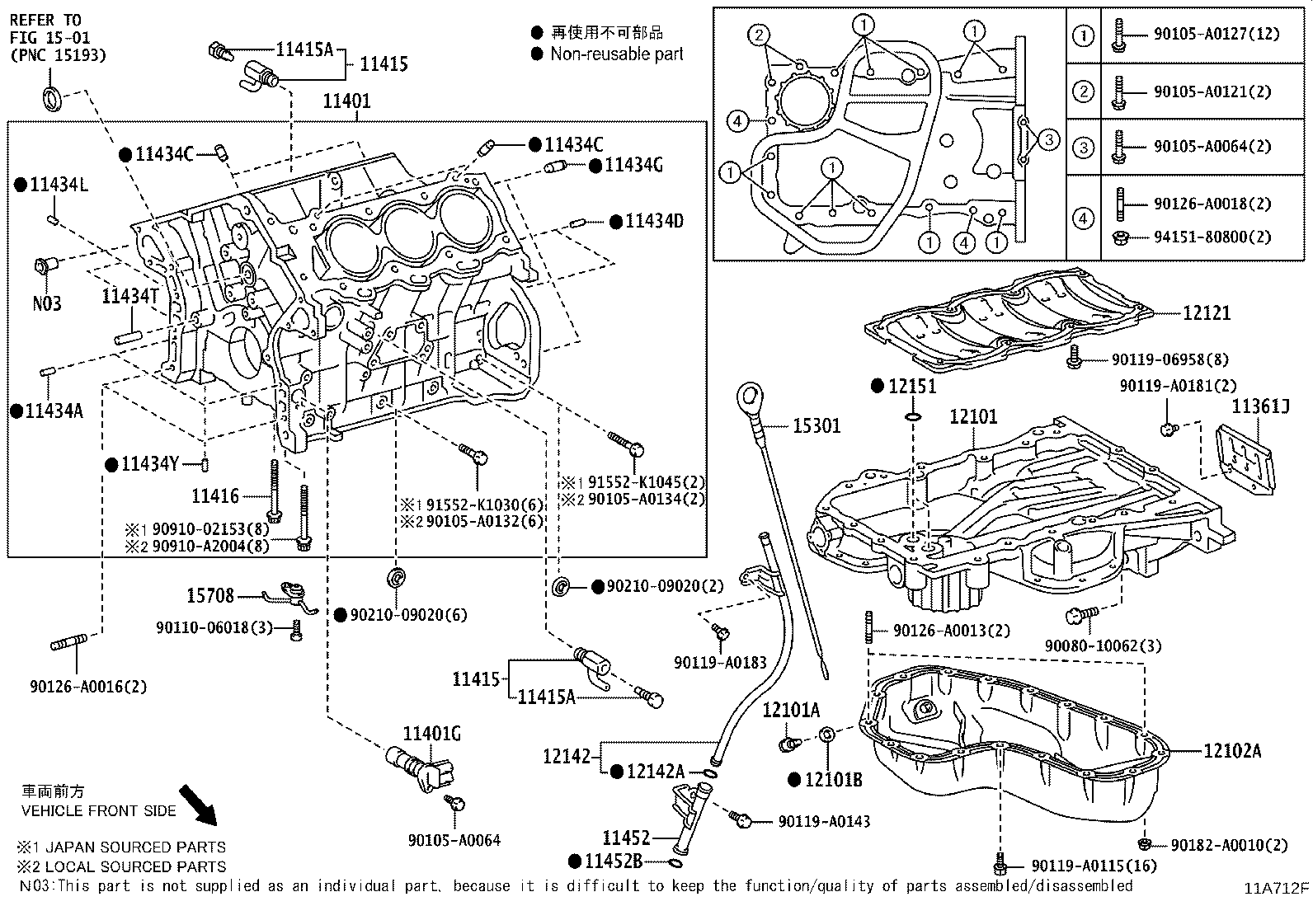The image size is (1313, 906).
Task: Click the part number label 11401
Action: [346, 101]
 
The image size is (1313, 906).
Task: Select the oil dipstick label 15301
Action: [817, 425]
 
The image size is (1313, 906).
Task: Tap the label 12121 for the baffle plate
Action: [1206, 312]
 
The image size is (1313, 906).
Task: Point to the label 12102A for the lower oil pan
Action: [1232, 750]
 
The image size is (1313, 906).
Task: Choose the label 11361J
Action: [1260, 406]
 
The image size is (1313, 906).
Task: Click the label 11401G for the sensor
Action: [431, 733]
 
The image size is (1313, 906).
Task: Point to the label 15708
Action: [209, 595]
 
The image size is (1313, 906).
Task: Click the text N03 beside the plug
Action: [47, 303]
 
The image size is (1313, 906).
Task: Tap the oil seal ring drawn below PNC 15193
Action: [51, 98]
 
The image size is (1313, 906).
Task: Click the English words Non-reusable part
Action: [617, 54]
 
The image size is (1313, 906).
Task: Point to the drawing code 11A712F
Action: [1277, 888]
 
